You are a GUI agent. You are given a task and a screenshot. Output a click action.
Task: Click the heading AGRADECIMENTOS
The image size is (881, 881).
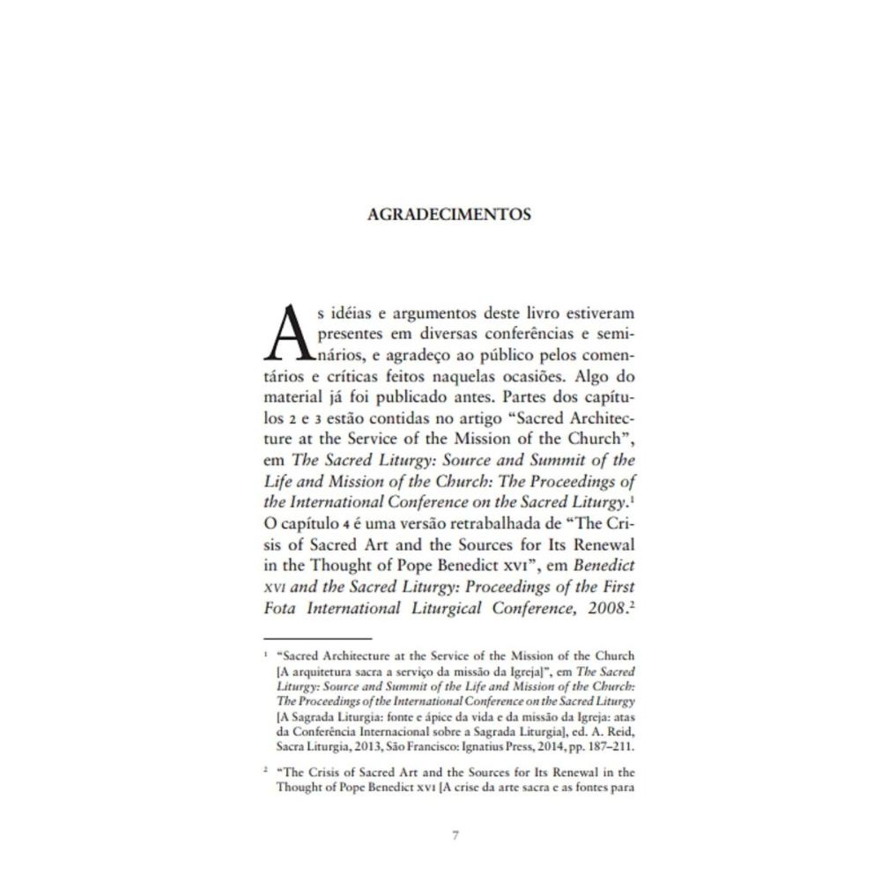449,215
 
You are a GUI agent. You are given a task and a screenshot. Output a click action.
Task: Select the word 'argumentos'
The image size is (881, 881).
432,314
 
